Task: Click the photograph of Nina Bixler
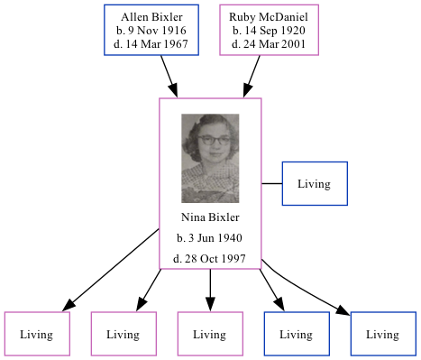210,157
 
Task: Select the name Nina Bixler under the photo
210,217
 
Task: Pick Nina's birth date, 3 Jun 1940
210,238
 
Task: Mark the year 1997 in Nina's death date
232,259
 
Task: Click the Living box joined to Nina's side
315,184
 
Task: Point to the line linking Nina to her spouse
272,184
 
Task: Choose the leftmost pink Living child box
37,334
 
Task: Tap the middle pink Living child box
210,334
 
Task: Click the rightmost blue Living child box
383,334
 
